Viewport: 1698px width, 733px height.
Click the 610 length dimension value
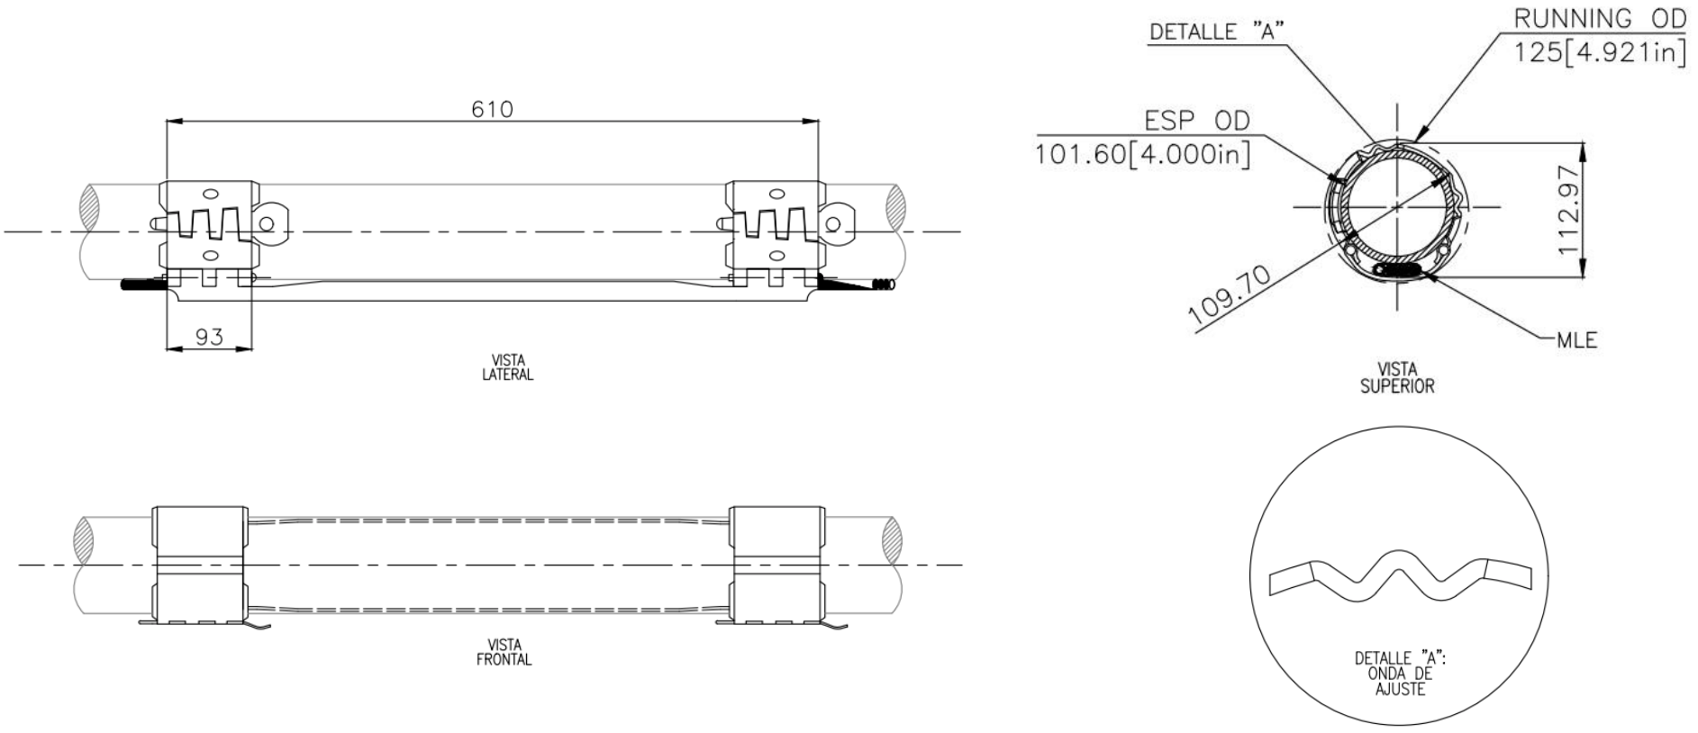coord(492,110)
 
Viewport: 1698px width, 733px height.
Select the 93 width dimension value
coord(209,338)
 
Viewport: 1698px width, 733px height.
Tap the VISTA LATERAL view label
coord(507,367)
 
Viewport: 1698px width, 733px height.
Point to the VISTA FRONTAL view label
coord(504,652)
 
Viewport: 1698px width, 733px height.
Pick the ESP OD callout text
coord(1196,121)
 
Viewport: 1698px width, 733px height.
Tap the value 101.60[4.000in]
coord(1142,154)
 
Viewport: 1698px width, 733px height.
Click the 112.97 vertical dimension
coord(1568,210)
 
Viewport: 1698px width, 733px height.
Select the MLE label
coord(1576,339)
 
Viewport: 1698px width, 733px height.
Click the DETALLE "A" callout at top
coord(1216,32)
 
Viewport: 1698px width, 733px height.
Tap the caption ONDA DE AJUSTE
coord(1400,681)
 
